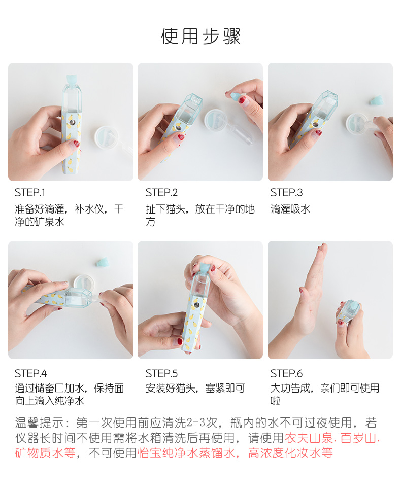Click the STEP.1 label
[x=30, y=193]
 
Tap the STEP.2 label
[x=161, y=193]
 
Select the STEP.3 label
[x=286, y=193]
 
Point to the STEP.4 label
[x=30, y=374]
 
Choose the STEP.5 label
[x=161, y=374]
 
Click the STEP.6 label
[x=286, y=374]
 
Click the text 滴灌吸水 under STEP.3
[x=290, y=209]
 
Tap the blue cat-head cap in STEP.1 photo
[x=72, y=81]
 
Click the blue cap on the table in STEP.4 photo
[x=104, y=262]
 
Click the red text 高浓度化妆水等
[x=290, y=453]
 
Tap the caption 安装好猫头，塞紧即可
[x=195, y=389]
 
